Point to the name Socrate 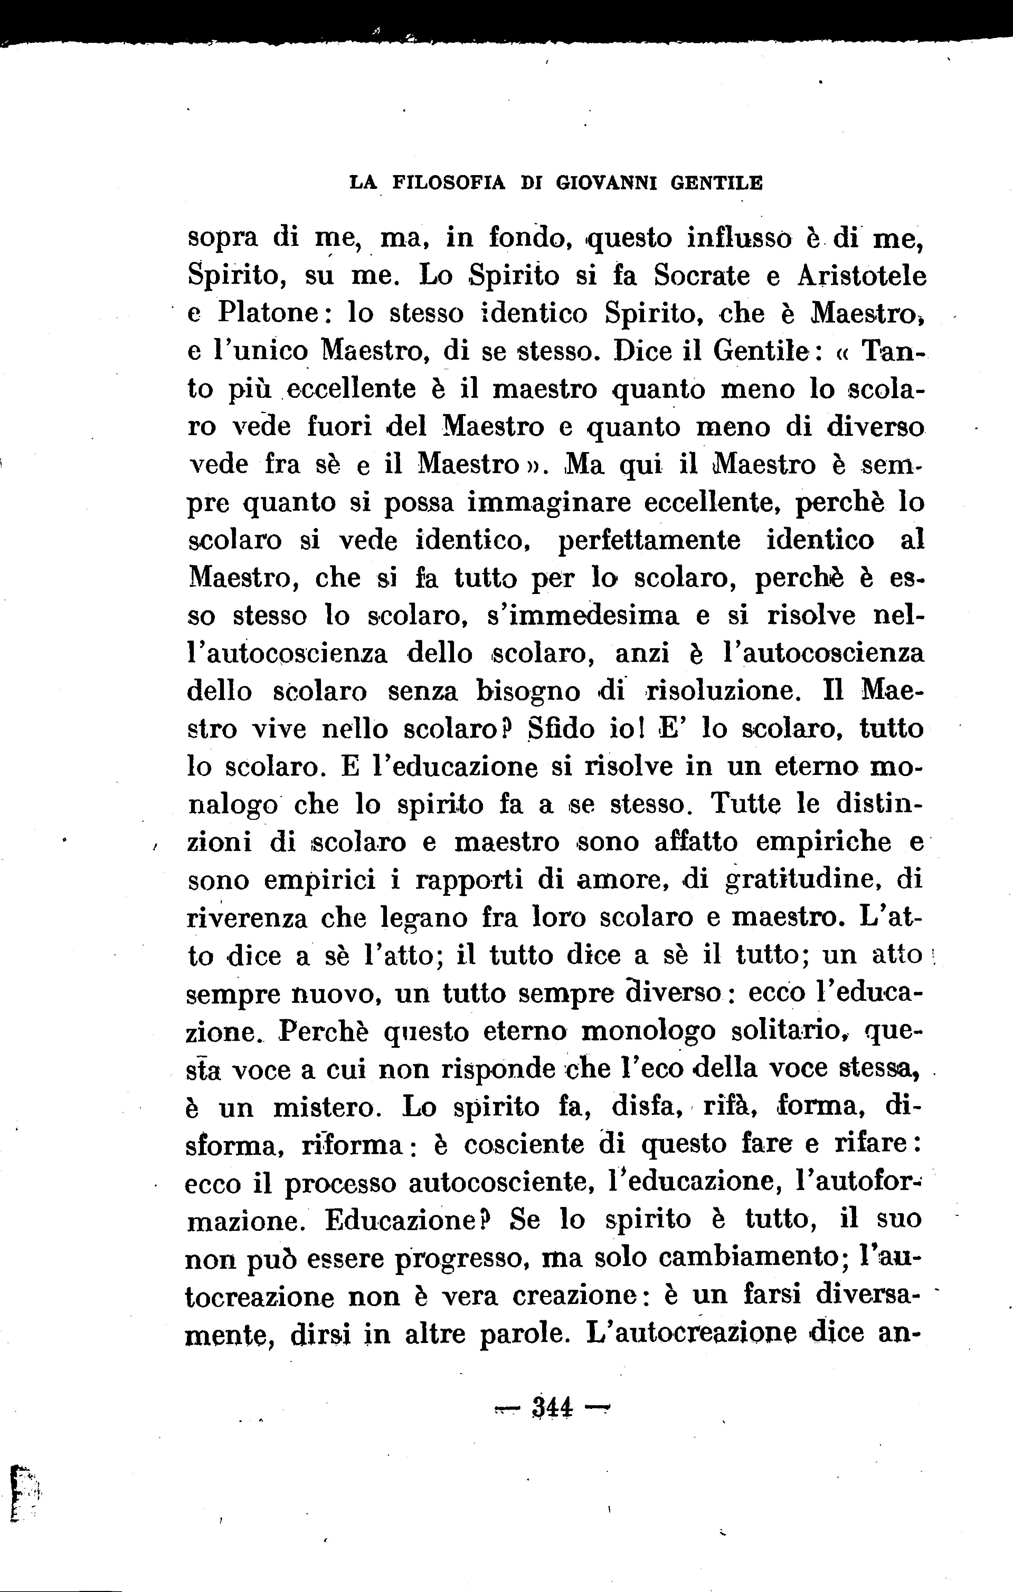pyautogui.click(x=702, y=275)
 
